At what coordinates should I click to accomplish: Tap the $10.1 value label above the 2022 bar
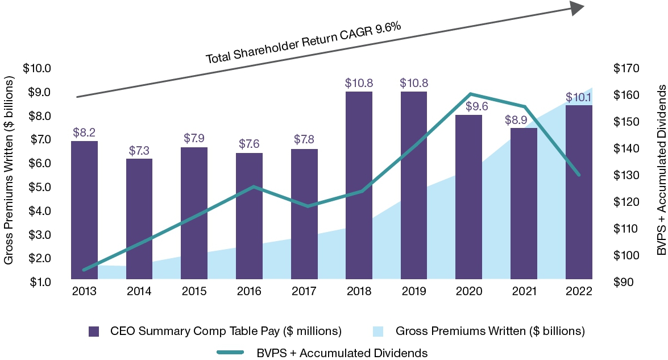[579, 98]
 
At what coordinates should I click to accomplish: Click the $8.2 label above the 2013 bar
[84, 133]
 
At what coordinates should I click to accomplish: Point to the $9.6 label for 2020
[468, 106]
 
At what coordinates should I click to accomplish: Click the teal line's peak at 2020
[470, 94]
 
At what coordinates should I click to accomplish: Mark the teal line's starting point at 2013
[84, 270]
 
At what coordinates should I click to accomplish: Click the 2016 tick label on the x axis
[248, 291]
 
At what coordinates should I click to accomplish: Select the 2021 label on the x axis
[524, 291]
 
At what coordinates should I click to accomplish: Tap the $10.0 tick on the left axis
[37, 68]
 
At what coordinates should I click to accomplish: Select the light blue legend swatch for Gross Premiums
[378, 331]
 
